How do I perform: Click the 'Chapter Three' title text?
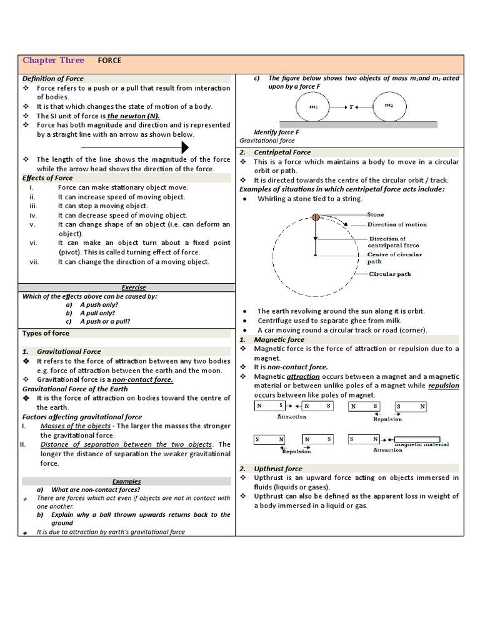[x=53, y=61]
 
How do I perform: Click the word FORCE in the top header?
[x=109, y=61]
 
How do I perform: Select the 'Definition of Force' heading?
[x=53, y=79]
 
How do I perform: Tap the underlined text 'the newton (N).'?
[x=132, y=116]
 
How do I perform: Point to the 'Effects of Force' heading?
[x=47, y=178]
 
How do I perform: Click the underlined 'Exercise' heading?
[x=133, y=287]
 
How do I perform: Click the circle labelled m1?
[x=314, y=107]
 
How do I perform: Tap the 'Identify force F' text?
[x=276, y=132]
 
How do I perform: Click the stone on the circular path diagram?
[x=316, y=217]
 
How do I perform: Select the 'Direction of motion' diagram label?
[x=397, y=224]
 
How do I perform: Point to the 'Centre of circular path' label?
[x=394, y=258]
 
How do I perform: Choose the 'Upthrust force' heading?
[x=277, y=468]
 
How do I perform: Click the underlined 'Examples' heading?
[x=127, y=481]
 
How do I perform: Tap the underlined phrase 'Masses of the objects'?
[x=75, y=426]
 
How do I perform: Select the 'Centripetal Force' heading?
[x=282, y=152]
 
